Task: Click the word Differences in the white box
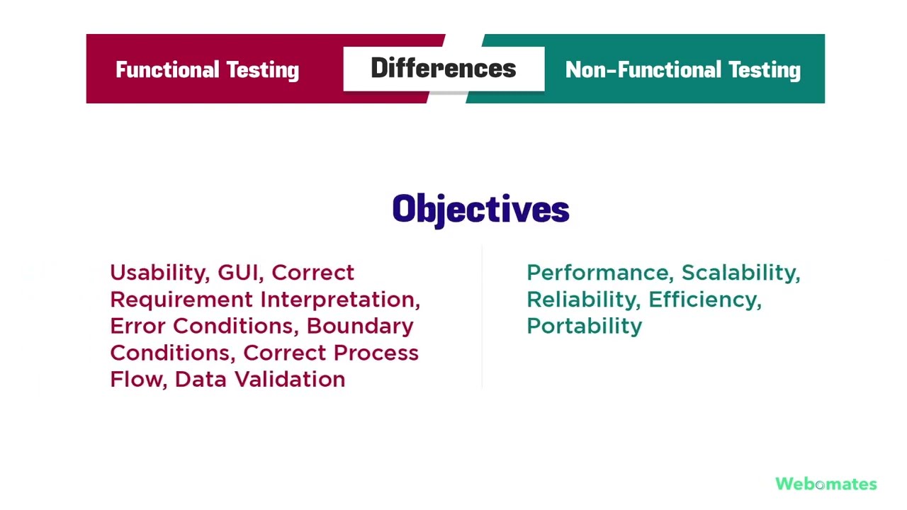coord(444,69)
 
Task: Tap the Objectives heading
coord(480,210)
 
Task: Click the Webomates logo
coord(826,484)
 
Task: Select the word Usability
coord(157,273)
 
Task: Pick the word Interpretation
coord(340,300)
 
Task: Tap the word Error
coord(138,326)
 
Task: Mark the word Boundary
coord(360,327)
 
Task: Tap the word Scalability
coord(740,273)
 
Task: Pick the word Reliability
coord(583,300)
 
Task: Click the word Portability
coord(585,327)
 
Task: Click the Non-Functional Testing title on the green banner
coord(683,69)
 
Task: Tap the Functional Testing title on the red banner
coord(207,69)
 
